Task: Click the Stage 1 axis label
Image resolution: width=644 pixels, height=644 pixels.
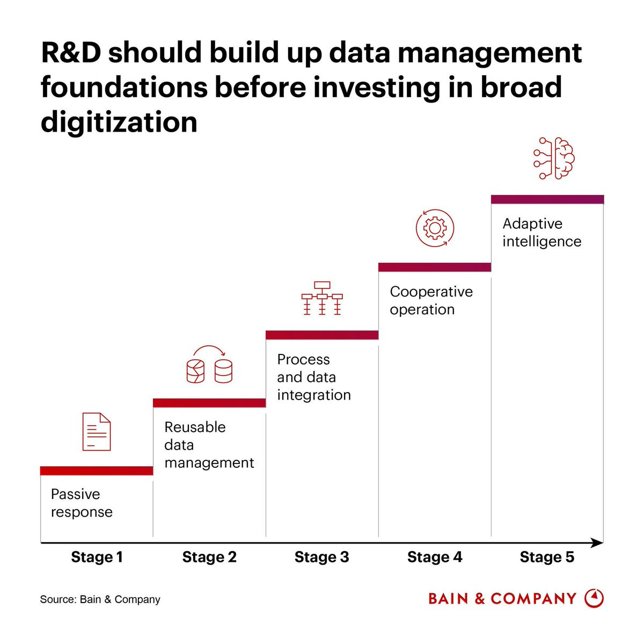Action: (97, 557)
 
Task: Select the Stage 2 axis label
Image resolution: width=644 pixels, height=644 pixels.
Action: (209, 557)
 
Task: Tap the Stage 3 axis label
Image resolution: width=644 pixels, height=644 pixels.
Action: (322, 557)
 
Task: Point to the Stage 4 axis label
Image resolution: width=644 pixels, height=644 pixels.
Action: (435, 557)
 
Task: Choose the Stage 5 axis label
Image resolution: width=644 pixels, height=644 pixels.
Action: (547, 557)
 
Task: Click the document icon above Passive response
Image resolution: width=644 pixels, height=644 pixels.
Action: (97, 432)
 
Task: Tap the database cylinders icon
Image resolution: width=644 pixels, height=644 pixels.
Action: (209, 365)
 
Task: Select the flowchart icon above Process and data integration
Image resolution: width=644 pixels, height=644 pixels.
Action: (322, 298)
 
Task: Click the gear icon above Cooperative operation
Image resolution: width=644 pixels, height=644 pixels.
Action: (435, 228)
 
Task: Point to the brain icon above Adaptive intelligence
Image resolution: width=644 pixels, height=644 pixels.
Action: (554, 158)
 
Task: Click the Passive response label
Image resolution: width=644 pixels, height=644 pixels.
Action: (82, 503)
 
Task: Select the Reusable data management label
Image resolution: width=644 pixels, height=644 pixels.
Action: (209, 445)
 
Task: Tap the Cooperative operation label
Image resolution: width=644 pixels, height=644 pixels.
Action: (431, 300)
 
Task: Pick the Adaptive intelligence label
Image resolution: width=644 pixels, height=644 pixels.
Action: (541, 233)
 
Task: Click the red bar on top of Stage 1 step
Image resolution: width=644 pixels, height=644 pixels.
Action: (97, 471)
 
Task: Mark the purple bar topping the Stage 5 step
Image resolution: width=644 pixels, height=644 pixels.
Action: (547, 199)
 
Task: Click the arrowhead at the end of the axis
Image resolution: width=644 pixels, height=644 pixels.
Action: (597, 543)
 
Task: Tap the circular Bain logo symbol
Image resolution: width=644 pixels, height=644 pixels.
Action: (594, 598)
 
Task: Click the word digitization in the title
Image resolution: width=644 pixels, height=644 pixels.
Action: (119, 122)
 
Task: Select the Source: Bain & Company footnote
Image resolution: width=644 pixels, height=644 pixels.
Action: (100, 599)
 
